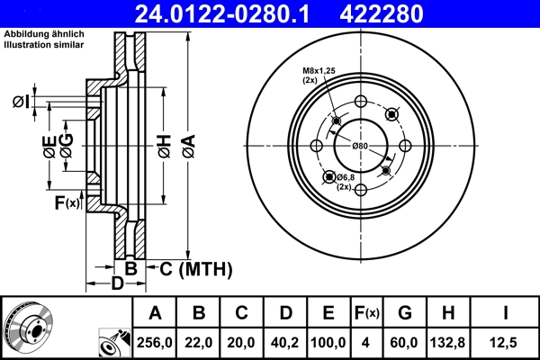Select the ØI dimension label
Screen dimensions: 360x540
point(21,101)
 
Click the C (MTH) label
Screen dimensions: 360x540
point(194,268)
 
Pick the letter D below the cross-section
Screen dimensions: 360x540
point(116,285)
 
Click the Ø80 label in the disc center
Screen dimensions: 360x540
point(360,146)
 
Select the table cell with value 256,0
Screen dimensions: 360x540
point(155,343)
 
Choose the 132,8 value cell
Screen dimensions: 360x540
point(447,343)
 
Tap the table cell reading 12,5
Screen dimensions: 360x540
point(507,343)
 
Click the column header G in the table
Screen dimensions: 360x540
point(404,313)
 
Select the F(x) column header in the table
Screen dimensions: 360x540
point(366,313)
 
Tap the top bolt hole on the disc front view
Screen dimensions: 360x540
point(360,101)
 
